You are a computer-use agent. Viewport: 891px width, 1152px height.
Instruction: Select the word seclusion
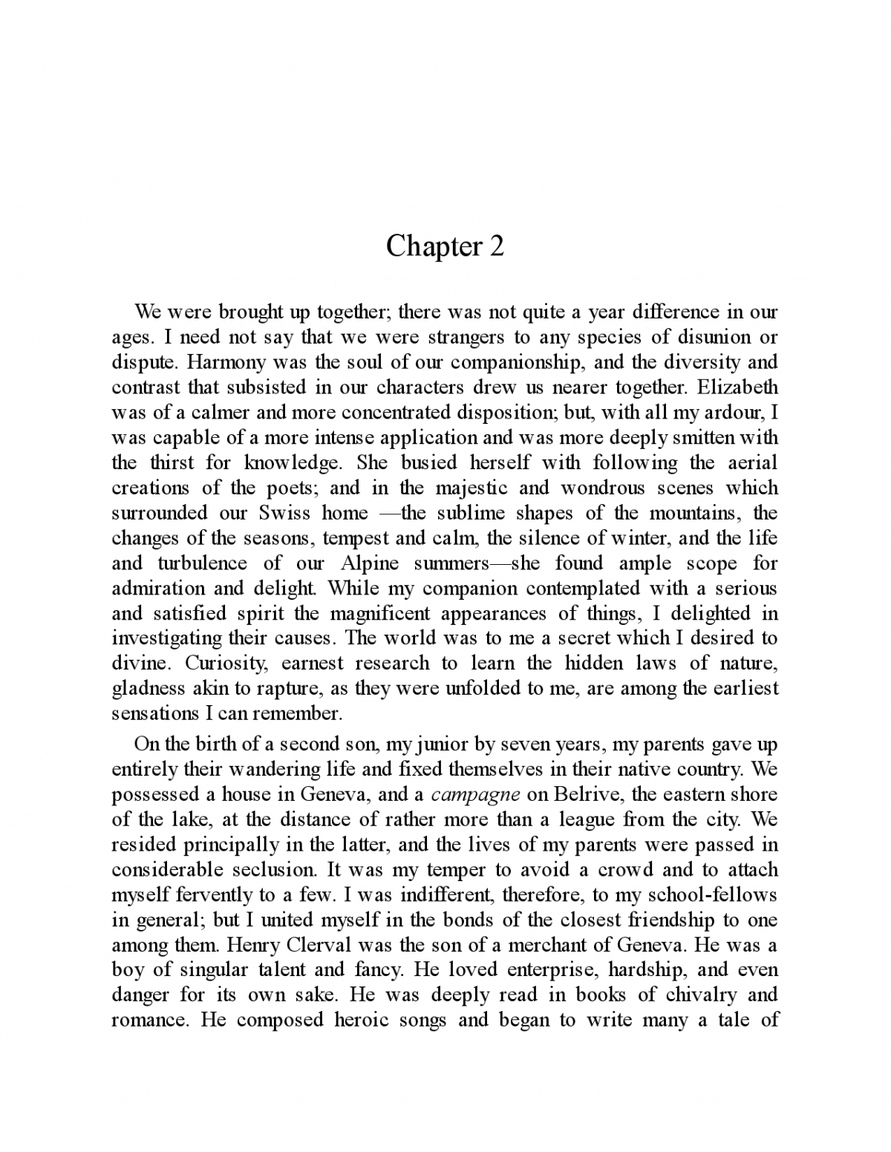256,870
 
